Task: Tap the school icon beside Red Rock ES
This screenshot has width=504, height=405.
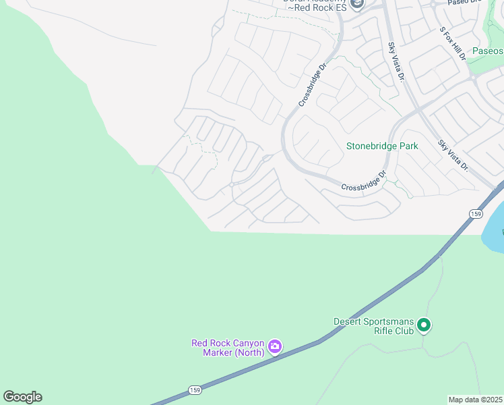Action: pyautogui.click(x=356, y=5)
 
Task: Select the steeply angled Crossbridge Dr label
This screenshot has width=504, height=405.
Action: pyautogui.click(x=313, y=85)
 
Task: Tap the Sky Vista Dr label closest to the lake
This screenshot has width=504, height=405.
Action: pyautogui.click(x=453, y=155)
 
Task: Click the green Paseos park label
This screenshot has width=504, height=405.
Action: pyautogui.click(x=486, y=51)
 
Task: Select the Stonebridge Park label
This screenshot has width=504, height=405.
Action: pyautogui.click(x=382, y=146)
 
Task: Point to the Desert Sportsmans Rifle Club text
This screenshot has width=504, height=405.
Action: pyautogui.click(x=374, y=326)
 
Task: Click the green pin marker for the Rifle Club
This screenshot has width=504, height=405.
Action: pyautogui.click(x=424, y=325)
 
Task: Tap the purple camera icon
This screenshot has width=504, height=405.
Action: pyautogui.click(x=275, y=347)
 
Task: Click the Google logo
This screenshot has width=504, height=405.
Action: pyautogui.click(x=22, y=397)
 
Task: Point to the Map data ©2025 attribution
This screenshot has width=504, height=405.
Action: pyautogui.click(x=475, y=400)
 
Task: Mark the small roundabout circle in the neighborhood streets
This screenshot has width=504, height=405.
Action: pyautogui.click(x=231, y=184)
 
